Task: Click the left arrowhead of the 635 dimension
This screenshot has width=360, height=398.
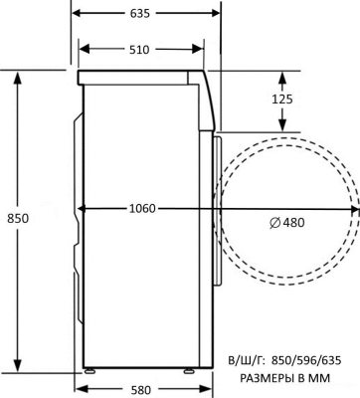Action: pyautogui.click(x=79, y=14)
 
